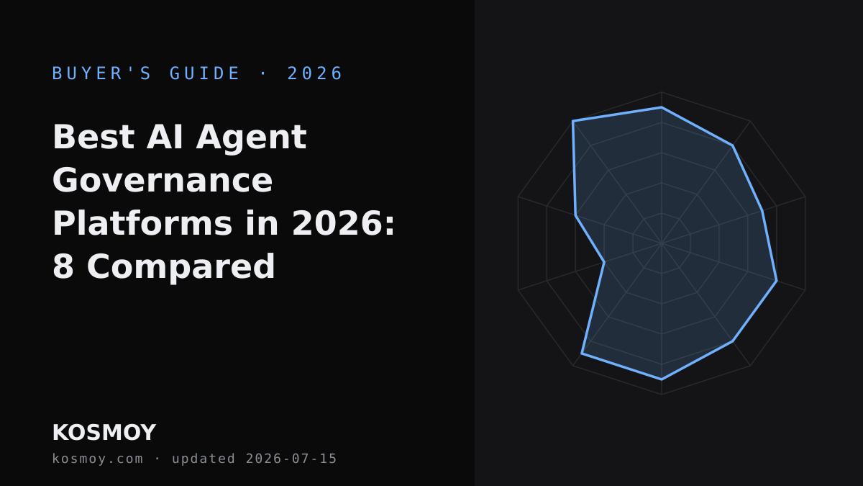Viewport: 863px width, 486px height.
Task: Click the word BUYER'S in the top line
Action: pyautogui.click(x=101, y=73)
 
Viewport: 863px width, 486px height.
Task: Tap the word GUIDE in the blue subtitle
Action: pyautogui.click(x=204, y=73)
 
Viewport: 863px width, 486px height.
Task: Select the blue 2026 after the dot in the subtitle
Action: pyautogui.click(x=315, y=73)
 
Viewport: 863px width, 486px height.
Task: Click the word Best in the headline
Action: pyautogui.click(x=93, y=137)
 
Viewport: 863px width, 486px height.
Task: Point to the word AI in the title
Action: pyautogui.click(x=165, y=137)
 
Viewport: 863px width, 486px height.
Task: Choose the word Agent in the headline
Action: pyautogui.click(x=251, y=138)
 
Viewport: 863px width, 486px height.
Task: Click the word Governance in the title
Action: pyautogui.click(x=163, y=180)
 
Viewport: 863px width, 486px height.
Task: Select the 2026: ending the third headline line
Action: pyautogui.click(x=344, y=223)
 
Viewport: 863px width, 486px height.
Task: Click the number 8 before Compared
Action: pyautogui.click(x=63, y=266)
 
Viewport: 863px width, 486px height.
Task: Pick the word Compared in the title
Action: pyautogui.click(x=181, y=267)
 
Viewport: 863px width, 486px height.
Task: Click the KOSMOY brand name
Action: pyautogui.click(x=104, y=433)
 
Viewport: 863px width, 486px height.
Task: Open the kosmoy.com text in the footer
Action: pyautogui.click(x=98, y=459)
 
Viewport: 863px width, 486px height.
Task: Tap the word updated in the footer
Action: pyautogui.click(x=204, y=459)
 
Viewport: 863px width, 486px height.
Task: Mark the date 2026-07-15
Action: pyautogui.click(x=291, y=459)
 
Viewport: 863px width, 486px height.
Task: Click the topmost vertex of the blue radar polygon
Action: pyautogui.click(x=662, y=107)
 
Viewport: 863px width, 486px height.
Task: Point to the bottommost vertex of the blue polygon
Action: pyautogui.click(x=662, y=379)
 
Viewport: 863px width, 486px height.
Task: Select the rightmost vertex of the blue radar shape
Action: pyautogui.click(x=777, y=281)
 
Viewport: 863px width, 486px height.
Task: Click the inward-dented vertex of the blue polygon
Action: pyautogui.click(x=604, y=262)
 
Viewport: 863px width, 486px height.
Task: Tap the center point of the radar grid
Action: pyautogui.click(x=662, y=243)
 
